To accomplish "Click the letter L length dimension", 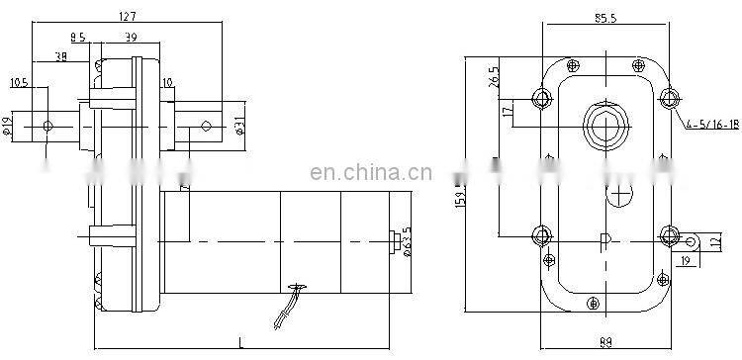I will point(242,342).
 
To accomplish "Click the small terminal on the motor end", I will point(397,240).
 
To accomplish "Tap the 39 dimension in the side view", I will point(130,37).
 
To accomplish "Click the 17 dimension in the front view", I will point(507,111).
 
